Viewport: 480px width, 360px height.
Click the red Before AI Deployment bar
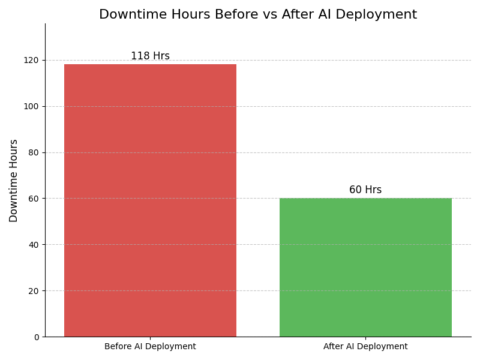(150, 200)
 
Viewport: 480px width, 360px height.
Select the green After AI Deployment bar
(365, 268)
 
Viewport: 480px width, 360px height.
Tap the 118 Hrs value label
(150, 56)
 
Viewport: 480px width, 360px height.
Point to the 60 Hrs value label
(365, 190)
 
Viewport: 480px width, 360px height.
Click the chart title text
(258, 15)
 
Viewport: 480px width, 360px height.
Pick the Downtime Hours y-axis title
(14, 181)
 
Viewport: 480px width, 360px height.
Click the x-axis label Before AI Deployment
(150, 347)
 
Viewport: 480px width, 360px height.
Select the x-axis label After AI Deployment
(365, 347)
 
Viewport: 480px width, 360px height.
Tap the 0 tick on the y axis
(36, 337)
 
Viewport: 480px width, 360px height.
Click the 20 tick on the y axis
(34, 291)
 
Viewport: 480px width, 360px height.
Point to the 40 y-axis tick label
(34, 245)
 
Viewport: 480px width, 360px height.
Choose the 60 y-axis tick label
(34, 199)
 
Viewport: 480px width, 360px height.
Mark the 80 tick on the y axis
(34, 152)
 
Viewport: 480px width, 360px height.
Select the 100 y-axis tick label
(32, 106)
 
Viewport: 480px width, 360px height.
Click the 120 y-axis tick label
(32, 60)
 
